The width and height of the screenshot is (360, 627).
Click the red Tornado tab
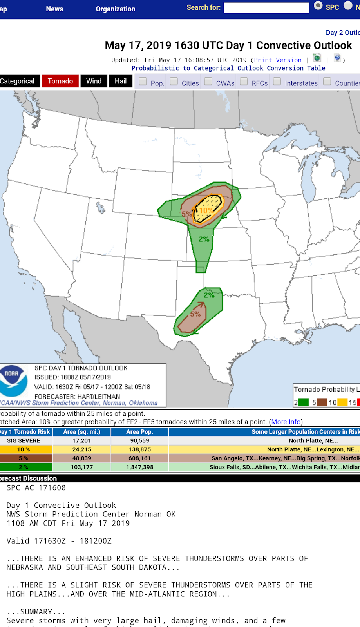(60, 81)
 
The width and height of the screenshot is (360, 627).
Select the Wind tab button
(94, 81)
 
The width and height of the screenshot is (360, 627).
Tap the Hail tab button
(121, 81)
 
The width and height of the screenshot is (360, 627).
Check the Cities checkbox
(174, 82)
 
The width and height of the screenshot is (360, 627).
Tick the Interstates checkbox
(277, 82)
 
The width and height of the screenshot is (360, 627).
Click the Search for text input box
(266, 8)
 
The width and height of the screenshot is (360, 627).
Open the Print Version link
(277, 60)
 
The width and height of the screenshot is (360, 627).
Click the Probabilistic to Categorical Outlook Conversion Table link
(228, 68)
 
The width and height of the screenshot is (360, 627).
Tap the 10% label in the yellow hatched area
(206, 210)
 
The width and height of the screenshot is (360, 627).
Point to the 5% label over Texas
(195, 314)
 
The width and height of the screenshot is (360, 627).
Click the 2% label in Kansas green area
(204, 239)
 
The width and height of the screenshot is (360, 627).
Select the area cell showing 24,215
(81, 449)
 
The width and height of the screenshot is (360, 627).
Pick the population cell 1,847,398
(139, 467)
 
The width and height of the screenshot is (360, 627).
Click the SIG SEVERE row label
(24, 440)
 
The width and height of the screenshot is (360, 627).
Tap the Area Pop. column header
(139, 432)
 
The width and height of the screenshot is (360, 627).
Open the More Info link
(286, 422)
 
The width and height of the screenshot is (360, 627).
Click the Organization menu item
(115, 9)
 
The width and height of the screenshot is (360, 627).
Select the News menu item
(54, 9)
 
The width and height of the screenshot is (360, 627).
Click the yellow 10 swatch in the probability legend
(342, 402)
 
